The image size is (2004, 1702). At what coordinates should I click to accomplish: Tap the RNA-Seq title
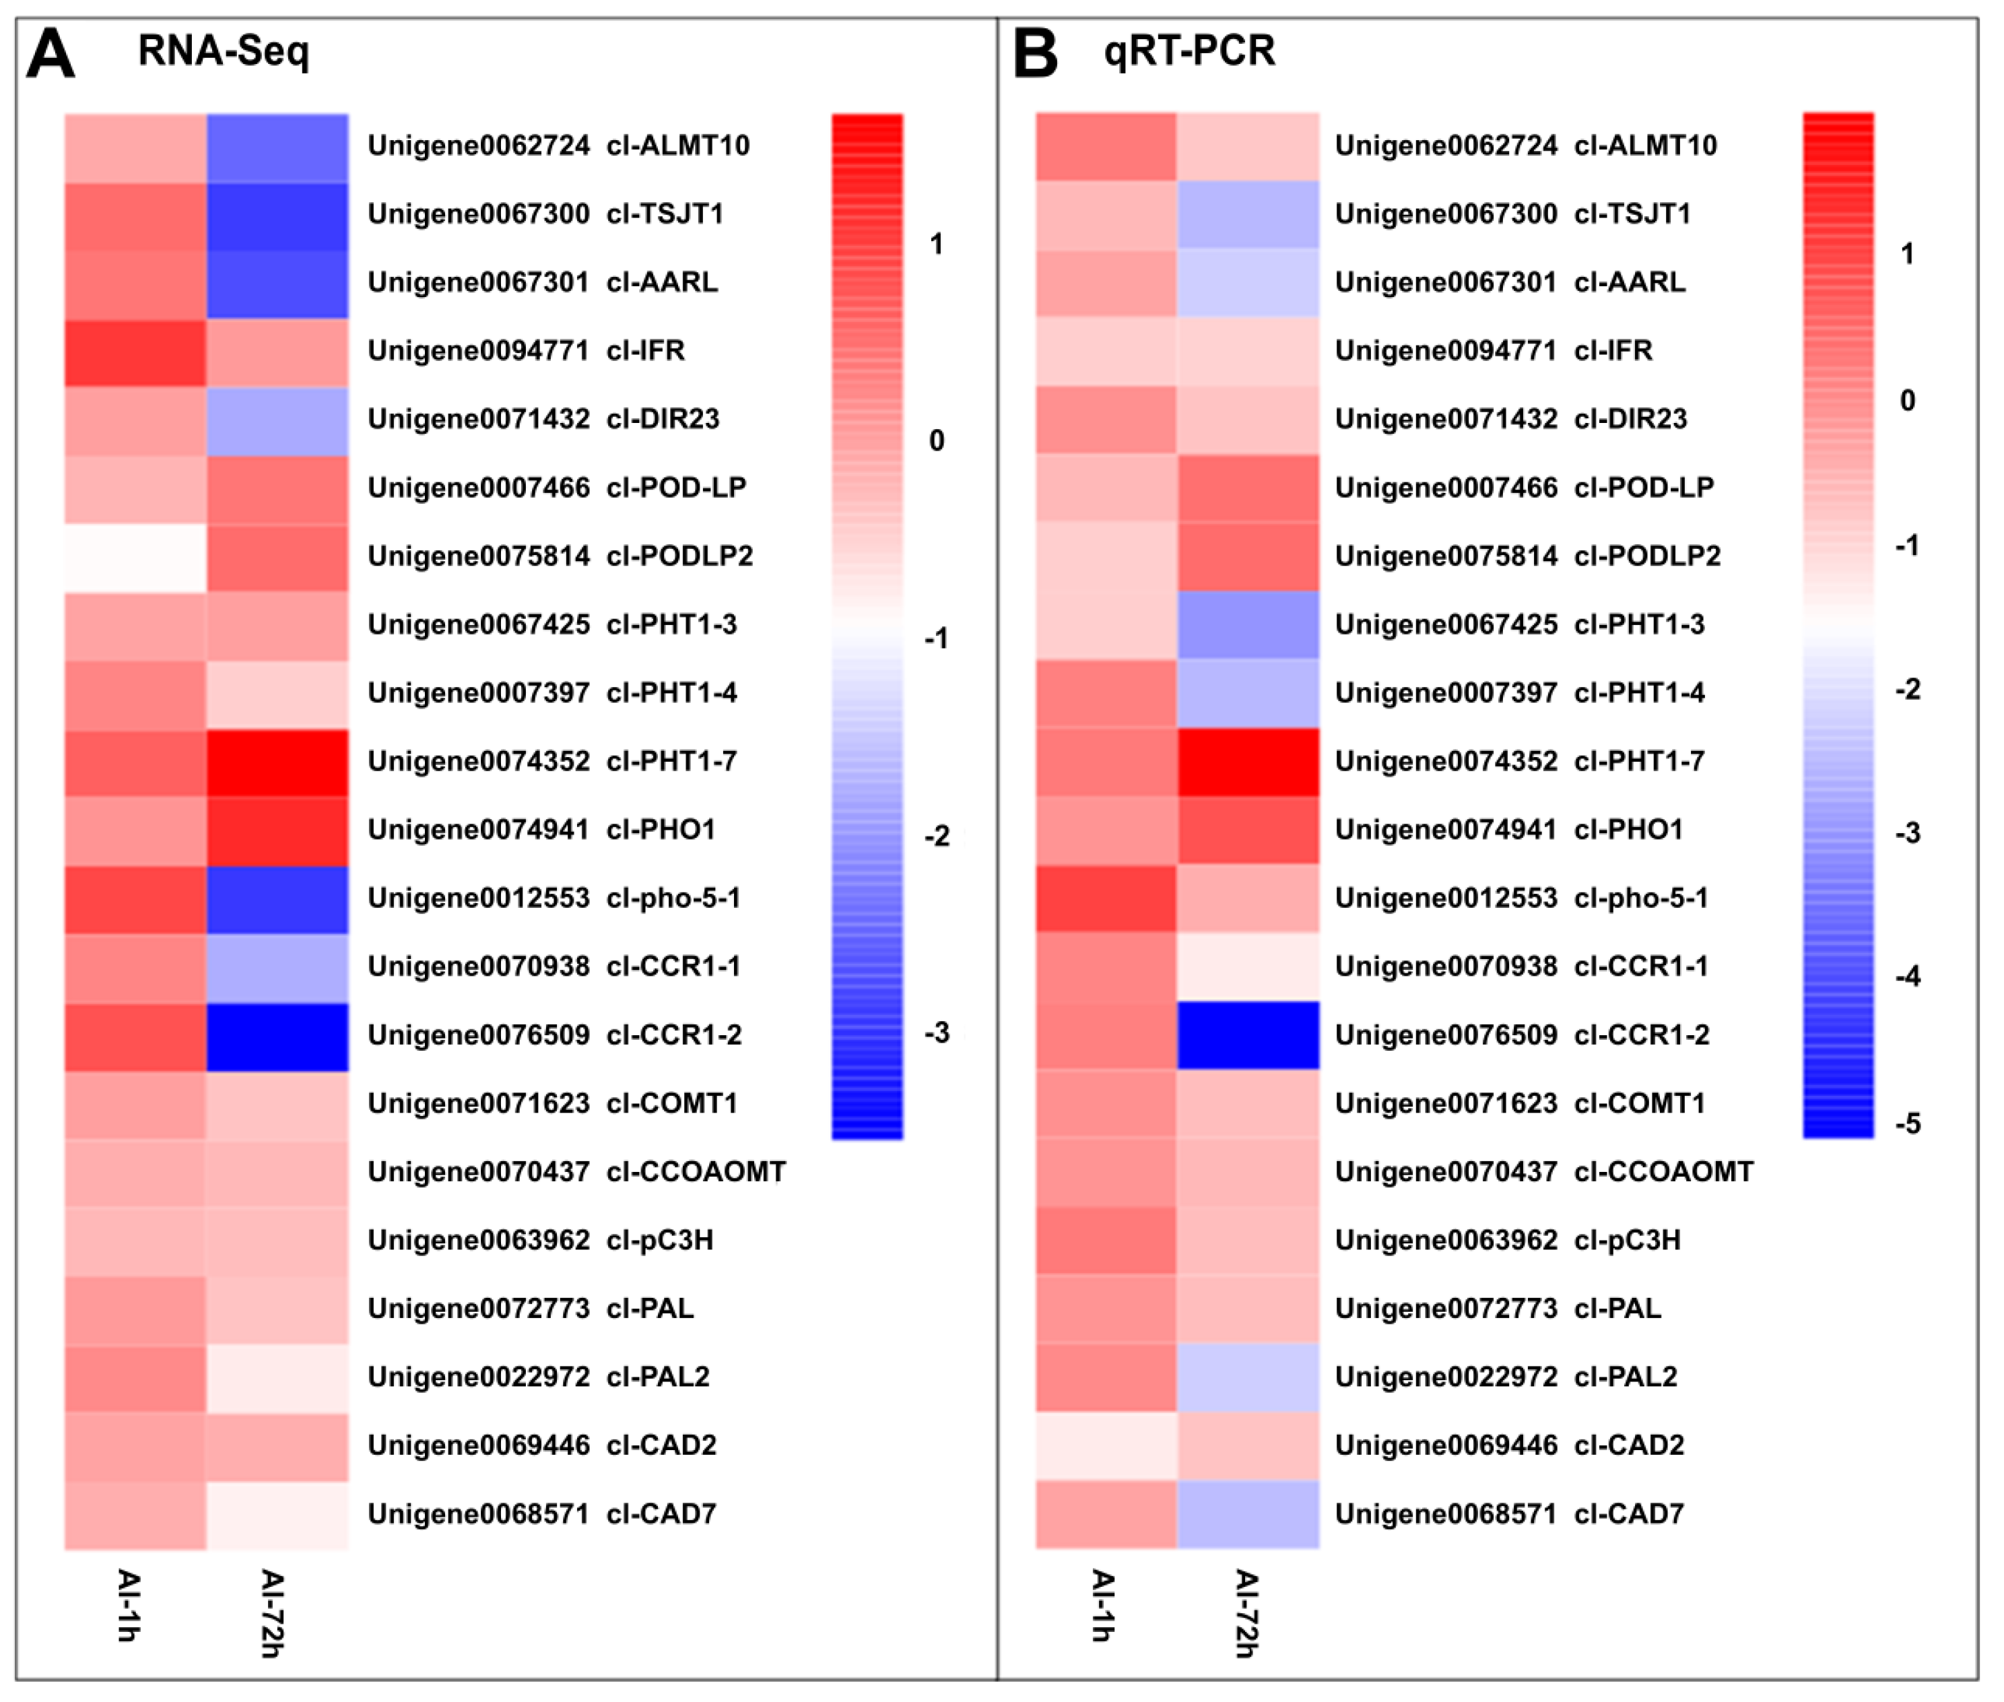coord(223,50)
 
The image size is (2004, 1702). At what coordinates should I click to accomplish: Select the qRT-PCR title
coord(1189,50)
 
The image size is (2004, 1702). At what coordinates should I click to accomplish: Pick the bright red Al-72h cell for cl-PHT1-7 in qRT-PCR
coord(1248,761)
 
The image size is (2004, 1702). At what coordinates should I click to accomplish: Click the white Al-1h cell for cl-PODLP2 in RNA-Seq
coord(136,557)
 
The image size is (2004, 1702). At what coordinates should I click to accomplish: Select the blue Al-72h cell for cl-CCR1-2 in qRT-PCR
coord(1248,1035)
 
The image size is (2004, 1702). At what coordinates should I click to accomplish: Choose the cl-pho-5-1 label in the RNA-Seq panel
coord(554,898)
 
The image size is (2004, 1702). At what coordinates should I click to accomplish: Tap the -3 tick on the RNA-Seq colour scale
coord(937,1033)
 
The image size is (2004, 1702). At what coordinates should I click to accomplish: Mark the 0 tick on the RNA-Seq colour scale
coord(937,441)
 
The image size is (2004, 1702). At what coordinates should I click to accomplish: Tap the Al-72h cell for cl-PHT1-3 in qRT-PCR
coord(1248,625)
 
